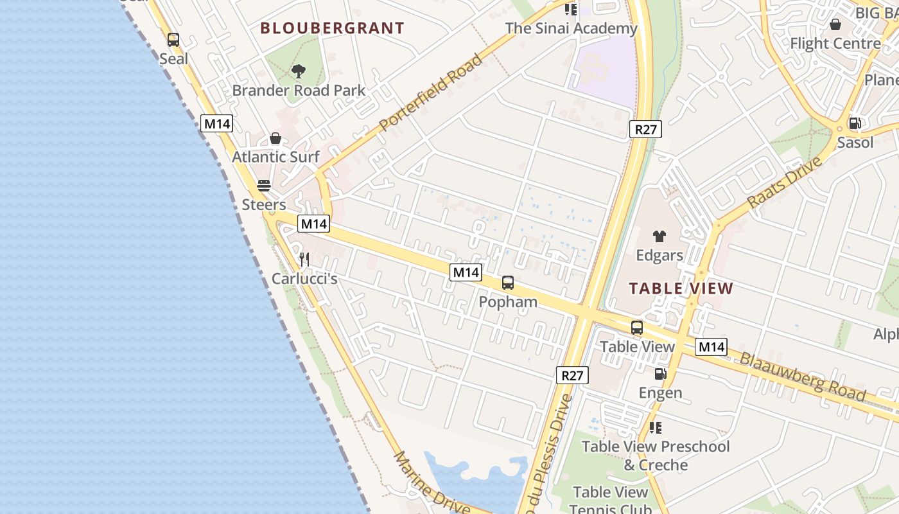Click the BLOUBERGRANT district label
pyautogui.click(x=332, y=28)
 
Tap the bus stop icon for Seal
pyautogui.click(x=173, y=40)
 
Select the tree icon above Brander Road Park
pyautogui.click(x=298, y=71)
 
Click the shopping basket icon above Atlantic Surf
pyautogui.click(x=275, y=138)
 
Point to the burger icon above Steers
pyautogui.click(x=264, y=186)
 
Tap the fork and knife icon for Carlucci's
pyautogui.click(x=304, y=260)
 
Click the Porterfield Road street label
pyautogui.click(x=430, y=93)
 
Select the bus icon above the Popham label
pyautogui.click(x=508, y=282)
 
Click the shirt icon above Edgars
pyautogui.click(x=659, y=236)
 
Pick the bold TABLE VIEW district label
pyautogui.click(x=681, y=288)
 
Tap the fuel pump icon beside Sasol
pyautogui.click(x=855, y=123)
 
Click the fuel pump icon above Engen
pyautogui.click(x=660, y=374)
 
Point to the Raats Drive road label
pyautogui.click(x=785, y=182)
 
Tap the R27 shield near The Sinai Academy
pyautogui.click(x=645, y=130)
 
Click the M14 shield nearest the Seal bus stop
pyautogui.click(x=216, y=124)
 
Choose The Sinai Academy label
pyautogui.click(x=571, y=28)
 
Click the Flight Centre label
pyautogui.click(x=835, y=44)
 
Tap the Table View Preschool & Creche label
pyautogui.click(x=656, y=456)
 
